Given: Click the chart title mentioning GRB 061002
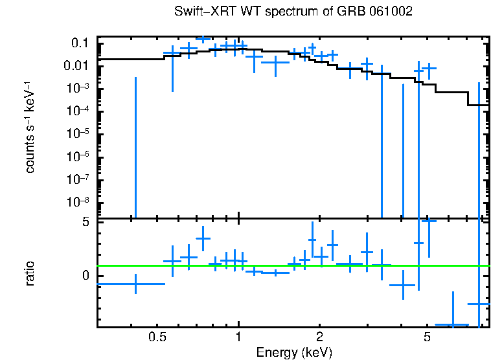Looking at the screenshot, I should (x=293, y=12).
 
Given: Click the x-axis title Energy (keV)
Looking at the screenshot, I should (x=293, y=352).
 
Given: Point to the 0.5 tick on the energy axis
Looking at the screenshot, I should (x=157, y=337).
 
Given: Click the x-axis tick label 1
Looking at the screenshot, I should (x=238, y=337).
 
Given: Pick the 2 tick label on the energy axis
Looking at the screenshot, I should (x=319, y=337).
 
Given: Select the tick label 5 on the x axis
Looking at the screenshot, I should (x=427, y=337).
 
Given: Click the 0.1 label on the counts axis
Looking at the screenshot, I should (x=80, y=43).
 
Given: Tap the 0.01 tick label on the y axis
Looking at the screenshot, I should (x=76, y=66).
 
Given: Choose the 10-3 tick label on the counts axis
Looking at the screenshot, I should (x=78, y=88).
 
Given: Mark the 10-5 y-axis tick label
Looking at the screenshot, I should (x=78, y=133).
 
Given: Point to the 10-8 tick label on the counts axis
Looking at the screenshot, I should (x=78, y=202).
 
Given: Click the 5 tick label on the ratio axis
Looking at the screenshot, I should (x=85, y=222).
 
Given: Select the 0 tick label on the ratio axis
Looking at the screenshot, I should (x=85, y=276).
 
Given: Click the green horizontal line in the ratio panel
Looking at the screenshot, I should (x=291, y=265).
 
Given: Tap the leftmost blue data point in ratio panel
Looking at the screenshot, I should (x=135, y=284).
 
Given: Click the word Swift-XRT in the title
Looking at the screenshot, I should (x=201, y=12).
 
